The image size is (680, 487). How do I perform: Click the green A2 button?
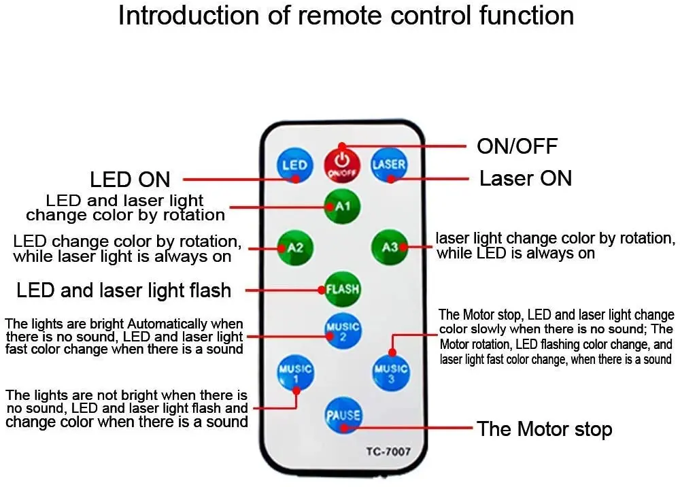click(x=294, y=247)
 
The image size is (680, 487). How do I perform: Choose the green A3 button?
click(x=389, y=247)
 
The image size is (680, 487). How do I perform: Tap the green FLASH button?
click(x=342, y=288)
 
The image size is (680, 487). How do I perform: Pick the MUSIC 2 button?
click(x=342, y=331)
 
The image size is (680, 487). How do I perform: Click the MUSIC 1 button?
click(x=294, y=372)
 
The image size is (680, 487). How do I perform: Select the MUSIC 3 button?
click(x=390, y=372)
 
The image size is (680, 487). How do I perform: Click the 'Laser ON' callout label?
click(x=525, y=179)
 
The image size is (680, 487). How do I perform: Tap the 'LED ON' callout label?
click(x=130, y=180)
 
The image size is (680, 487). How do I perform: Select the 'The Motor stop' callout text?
click(x=544, y=429)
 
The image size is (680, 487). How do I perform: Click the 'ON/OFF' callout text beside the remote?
click(x=517, y=146)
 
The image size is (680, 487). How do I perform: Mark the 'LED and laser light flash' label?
click(x=124, y=291)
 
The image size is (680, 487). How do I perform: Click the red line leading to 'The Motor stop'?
click(x=408, y=428)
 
